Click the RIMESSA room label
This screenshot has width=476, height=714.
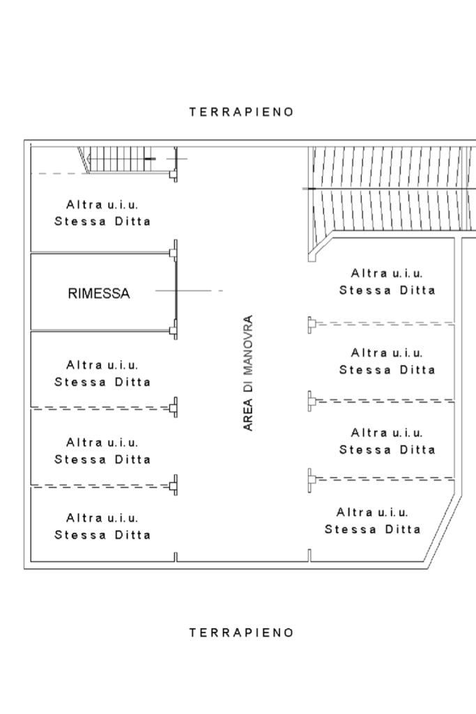click(x=99, y=293)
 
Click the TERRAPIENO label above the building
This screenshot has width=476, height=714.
click(x=241, y=112)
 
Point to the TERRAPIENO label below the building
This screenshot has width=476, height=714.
click(x=241, y=632)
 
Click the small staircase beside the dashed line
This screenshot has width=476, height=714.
click(x=123, y=160)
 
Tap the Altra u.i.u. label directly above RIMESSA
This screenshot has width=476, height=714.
click(x=102, y=212)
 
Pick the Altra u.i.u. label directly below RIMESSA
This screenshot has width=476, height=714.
click(x=102, y=373)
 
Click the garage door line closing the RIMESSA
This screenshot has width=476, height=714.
click(x=176, y=290)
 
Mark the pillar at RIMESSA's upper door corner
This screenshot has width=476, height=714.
click(x=174, y=251)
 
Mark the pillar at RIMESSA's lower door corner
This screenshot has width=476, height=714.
click(x=174, y=329)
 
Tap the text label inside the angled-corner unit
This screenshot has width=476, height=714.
click(x=373, y=521)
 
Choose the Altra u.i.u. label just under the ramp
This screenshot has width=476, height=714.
click(x=387, y=282)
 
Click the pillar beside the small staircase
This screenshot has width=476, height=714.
click(x=174, y=174)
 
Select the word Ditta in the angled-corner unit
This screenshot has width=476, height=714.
click(x=403, y=529)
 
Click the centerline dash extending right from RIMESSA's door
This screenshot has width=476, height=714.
click(x=189, y=290)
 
